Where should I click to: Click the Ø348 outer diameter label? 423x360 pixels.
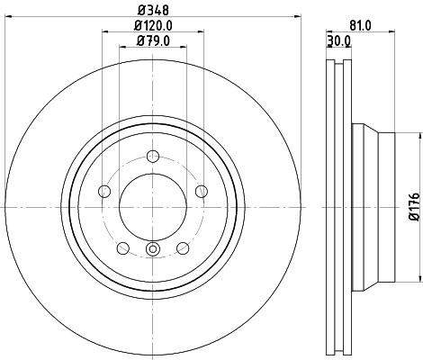pos(151,12)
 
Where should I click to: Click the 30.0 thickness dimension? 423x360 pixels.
pos(338,41)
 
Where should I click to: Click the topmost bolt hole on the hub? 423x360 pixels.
pos(152,155)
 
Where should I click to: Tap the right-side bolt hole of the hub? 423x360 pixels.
pos(201,190)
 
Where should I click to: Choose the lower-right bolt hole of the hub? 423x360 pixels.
pos(183,248)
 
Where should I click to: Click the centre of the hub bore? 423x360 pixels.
pos(152,206)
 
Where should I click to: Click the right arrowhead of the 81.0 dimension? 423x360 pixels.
pos(392,34)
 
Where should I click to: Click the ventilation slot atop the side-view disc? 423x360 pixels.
pos(337,64)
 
